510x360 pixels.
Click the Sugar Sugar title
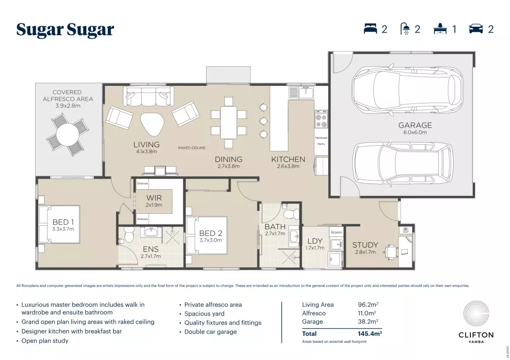(65, 30)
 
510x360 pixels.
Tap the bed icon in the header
(370, 29)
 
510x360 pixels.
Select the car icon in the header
(476, 29)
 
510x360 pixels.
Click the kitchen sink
(302, 92)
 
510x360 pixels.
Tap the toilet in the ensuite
(129, 235)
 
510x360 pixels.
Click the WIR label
(154, 198)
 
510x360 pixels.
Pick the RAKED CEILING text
(192, 148)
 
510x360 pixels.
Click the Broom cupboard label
(336, 232)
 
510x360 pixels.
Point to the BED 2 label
(207, 233)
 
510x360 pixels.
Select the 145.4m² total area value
(370, 334)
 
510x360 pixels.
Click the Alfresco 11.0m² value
(367, 313)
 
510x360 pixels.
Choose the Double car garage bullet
(211, 332)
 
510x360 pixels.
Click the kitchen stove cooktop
(321, 119)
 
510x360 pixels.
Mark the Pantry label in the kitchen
(321, 144)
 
